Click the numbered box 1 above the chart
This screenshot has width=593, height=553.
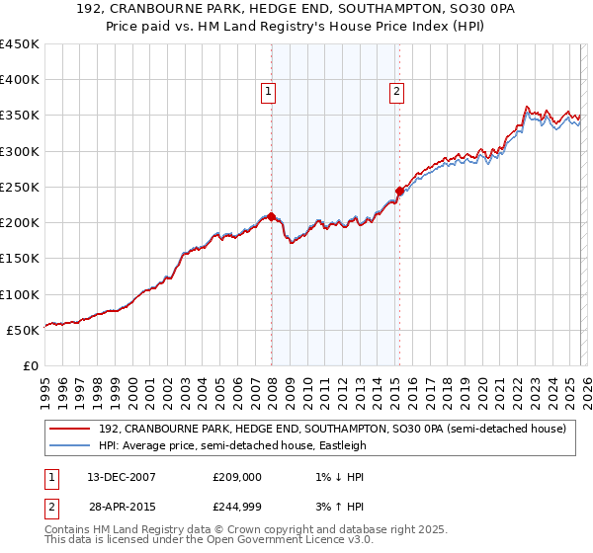[x=268, y=92]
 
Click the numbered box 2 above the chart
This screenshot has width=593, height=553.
[x=396, y=92]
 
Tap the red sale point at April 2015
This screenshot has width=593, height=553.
[x=399, y=191]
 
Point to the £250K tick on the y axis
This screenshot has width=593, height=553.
[x=21, y=187]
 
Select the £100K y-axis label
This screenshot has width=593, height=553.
[x=21, y=294]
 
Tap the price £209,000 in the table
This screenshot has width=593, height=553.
[x=237, y=476]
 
